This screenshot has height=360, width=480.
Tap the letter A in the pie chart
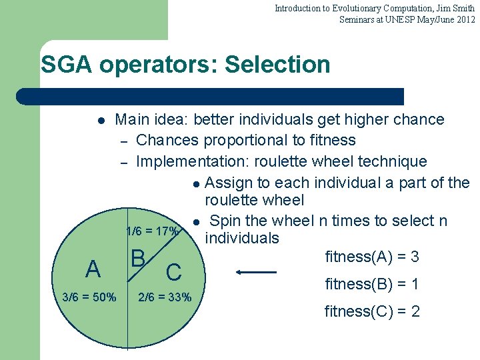coord(93,269)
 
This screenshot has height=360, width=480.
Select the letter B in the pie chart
coord(139,258)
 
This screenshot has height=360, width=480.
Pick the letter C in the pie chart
coord(173,272)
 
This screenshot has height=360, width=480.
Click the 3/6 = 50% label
coord(89,297)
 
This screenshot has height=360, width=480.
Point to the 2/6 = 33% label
coord(164,297)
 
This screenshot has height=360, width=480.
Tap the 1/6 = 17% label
coord(152,232)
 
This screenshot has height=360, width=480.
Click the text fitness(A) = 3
coord(372,257)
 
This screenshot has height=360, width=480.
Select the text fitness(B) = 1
coord(372,284)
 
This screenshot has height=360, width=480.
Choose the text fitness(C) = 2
coord(372,311)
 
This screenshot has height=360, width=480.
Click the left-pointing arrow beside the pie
coord(256,272)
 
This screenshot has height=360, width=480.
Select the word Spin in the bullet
coord(226,221)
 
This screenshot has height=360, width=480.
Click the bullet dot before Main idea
coord(100,121)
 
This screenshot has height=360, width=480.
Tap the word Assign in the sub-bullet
coord(227,183)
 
